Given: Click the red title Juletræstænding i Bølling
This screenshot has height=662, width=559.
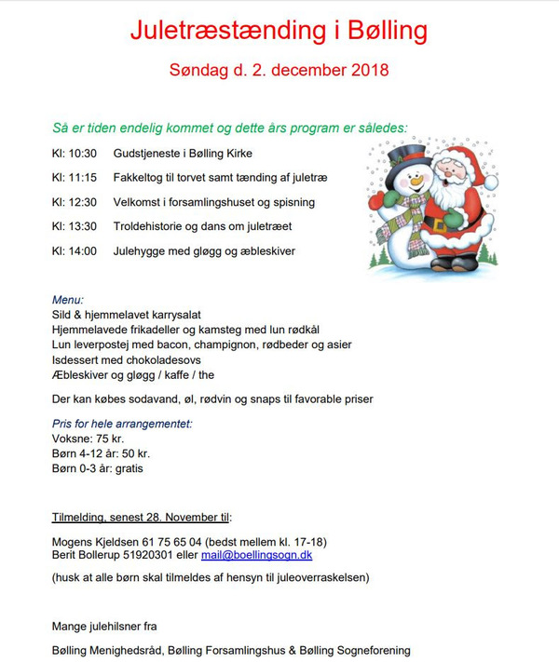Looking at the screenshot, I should pos(279,31).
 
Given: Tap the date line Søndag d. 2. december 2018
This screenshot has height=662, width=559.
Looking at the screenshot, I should pos(279,70).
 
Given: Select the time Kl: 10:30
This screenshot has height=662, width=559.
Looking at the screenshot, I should pos(75,153).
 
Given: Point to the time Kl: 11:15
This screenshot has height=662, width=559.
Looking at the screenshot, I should pos(75,177).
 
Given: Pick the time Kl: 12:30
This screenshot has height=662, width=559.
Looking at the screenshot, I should pos(75,201).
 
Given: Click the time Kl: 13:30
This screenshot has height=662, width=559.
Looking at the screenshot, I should pos(75,226).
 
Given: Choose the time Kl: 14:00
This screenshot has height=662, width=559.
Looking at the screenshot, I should pos(75,250).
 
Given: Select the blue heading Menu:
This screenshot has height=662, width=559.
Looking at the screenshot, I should pos(68,300).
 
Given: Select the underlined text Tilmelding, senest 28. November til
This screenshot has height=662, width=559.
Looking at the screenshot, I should pos(141,516).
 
